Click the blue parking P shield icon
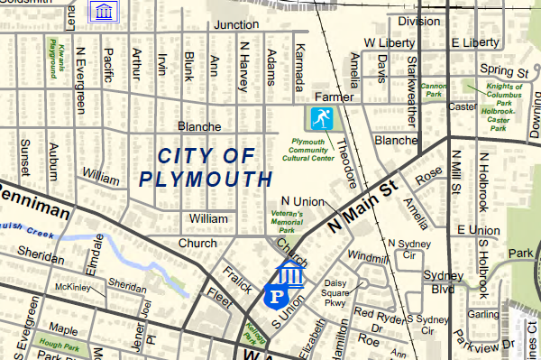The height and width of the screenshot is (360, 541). (x=276, y=295)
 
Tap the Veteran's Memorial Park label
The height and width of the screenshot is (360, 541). (x=288, y=220)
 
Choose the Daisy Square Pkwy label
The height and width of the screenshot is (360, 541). (x=335, y=293)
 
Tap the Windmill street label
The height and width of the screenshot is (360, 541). (x=366, y=257)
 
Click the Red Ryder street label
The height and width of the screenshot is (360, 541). (x=376, y=315)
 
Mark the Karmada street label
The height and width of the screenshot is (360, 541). (x=300, y=61)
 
